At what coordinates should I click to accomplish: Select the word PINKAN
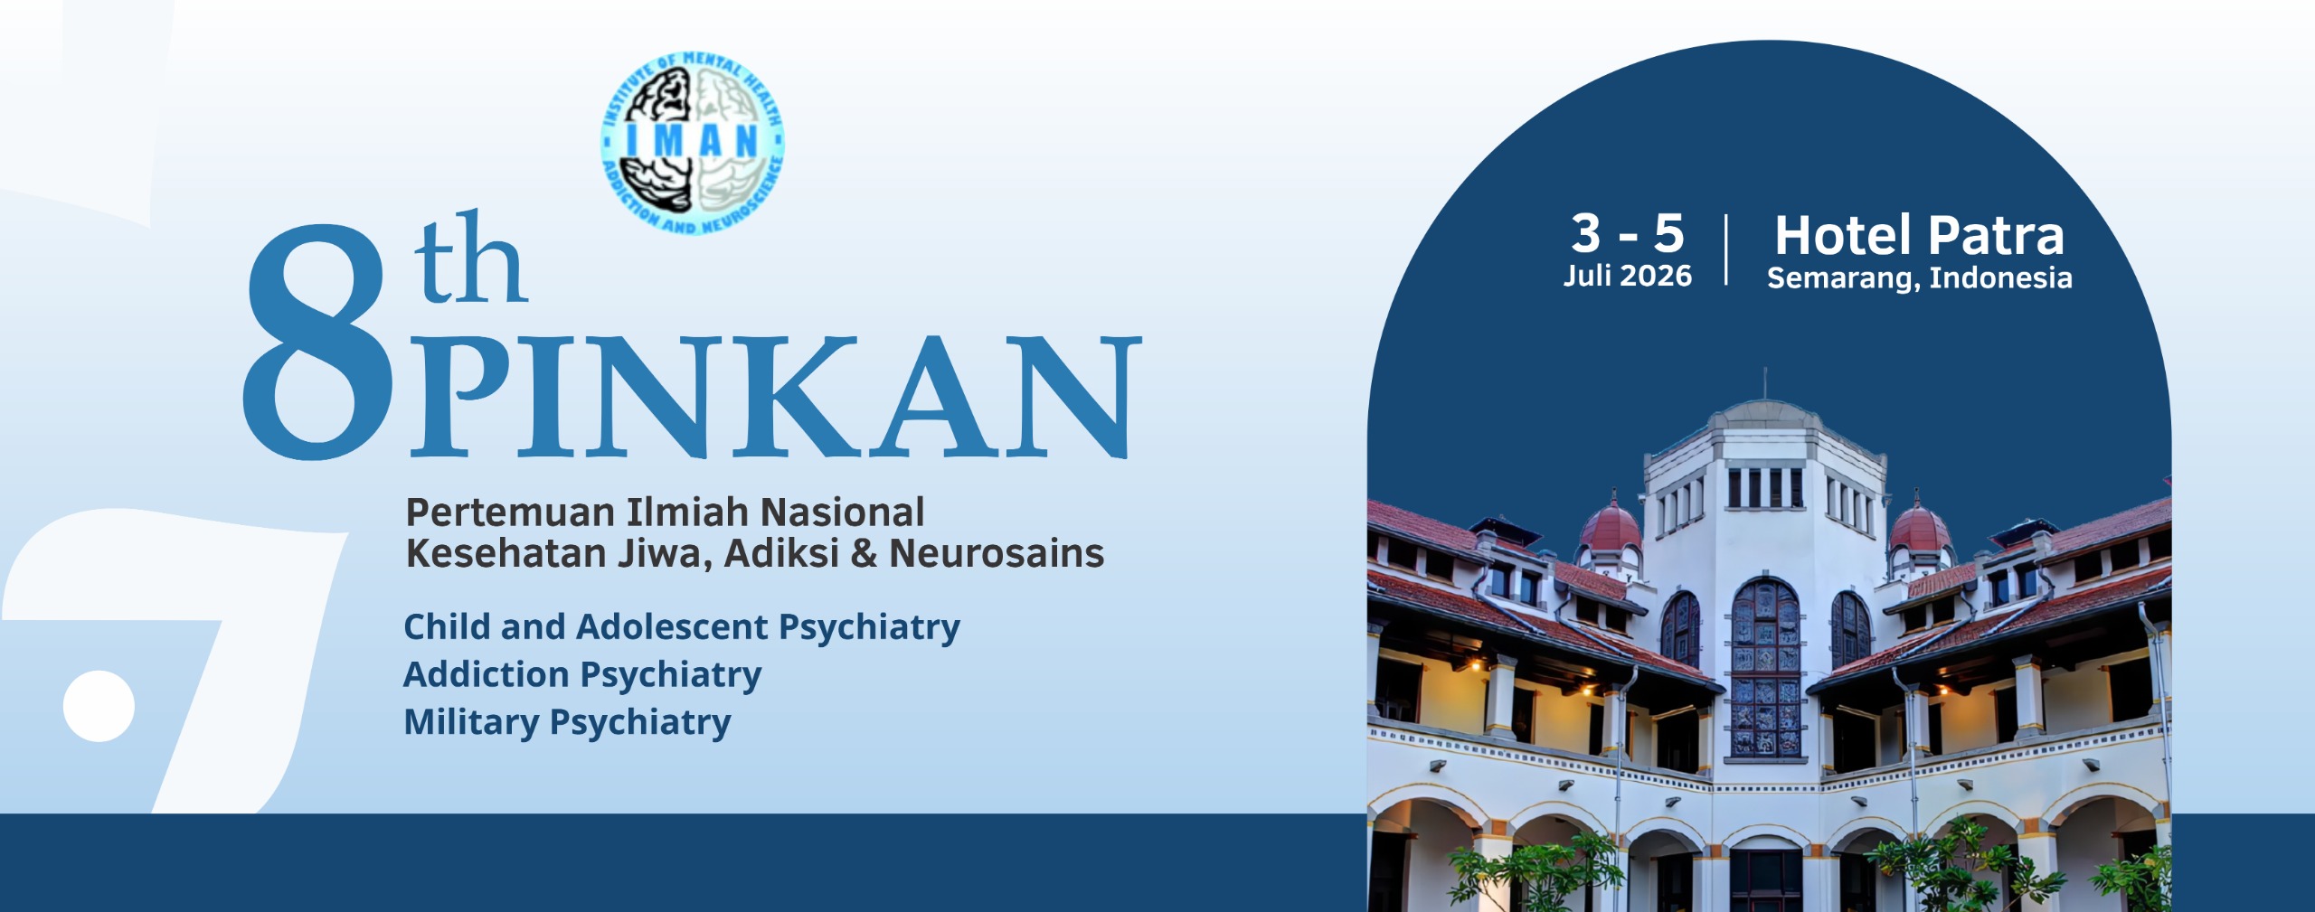click(x=776, y=396)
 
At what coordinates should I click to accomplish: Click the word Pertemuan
click(x=510, y=512)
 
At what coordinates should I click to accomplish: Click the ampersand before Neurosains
click(x=865, y=554)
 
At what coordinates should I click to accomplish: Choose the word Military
click(x=471, y=723)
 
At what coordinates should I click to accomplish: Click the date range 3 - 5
click(x=1628, y=233)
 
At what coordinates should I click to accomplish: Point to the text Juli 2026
click(x=1628, y=276)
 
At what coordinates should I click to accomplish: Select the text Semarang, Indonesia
click(x=1920, y=278)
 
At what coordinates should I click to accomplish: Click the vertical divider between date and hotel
click(x=1727, y=249)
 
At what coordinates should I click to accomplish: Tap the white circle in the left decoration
click(x=99, y=706)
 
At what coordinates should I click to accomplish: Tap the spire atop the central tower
click(x=1764, y=383)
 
